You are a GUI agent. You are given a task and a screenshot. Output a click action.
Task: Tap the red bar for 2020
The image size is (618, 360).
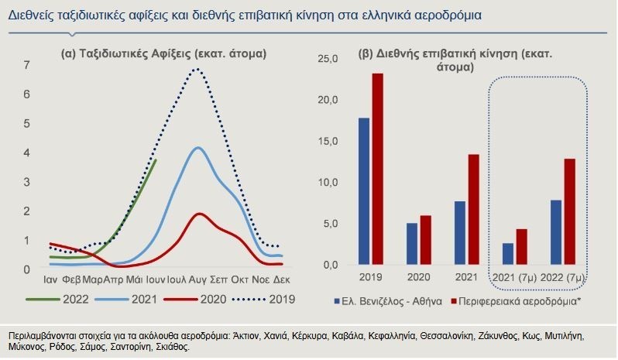pos(425,240)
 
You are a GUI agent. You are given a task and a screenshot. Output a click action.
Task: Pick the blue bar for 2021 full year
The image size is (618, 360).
pos(460,233)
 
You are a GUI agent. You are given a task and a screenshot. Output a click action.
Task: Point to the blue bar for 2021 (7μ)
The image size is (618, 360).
pos(508,254)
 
